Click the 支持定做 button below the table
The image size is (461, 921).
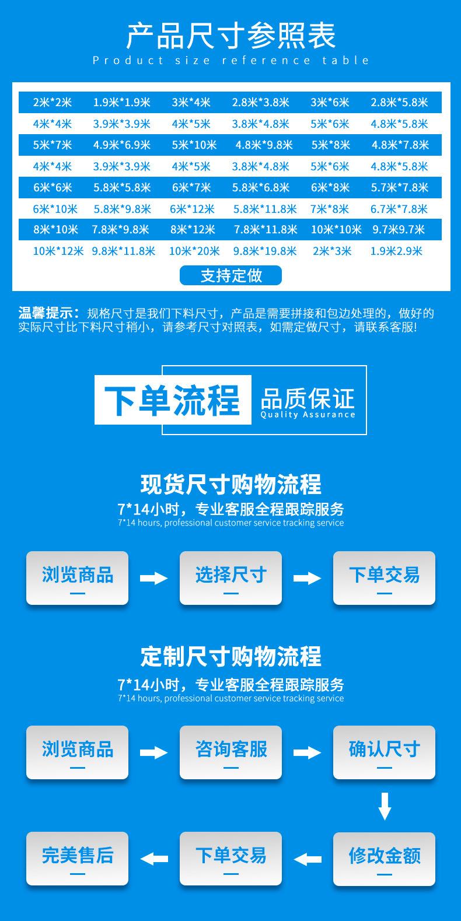(x=230, y=275)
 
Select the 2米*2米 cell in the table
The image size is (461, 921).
(x=53, y=103)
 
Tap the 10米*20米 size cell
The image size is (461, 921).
(x=194, y=251)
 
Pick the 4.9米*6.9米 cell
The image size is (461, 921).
(x=121, y=145)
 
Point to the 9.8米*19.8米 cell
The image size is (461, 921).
(x=265, y=251)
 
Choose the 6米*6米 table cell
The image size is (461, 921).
(x=53, y=187)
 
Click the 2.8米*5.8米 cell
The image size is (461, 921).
(x=399, y=103)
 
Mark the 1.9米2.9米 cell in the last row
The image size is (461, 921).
(x=396, y=251)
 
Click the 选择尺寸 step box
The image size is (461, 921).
(x=230, y=577)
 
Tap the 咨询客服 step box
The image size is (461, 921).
(x=230, y=752)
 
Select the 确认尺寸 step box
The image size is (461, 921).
(x=384, y=752)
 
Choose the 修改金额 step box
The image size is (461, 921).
(x=384, y=859)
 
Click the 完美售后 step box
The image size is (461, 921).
(x=77, y=859)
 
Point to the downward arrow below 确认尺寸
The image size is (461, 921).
(x=384, y=806)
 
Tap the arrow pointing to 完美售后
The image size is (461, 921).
(x=154, y=859)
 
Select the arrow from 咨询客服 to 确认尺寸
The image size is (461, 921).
(x=308, y=752)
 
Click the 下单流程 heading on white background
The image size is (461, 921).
(x=173, y=400)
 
